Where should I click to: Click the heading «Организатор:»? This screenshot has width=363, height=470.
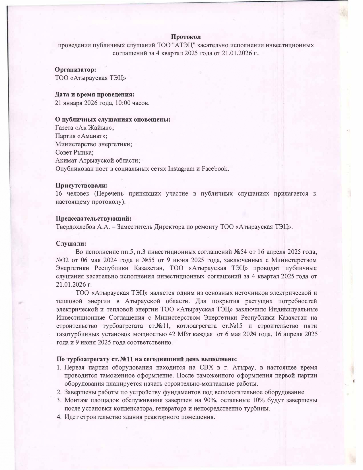pos(75,69)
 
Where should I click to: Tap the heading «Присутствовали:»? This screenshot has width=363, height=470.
pos(82,186)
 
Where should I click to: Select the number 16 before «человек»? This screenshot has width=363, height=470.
pos(59,194)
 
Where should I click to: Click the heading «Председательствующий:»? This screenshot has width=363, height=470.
pos(94,219)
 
